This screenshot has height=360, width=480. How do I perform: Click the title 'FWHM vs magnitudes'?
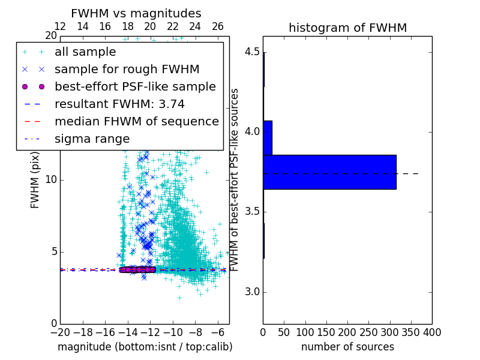(136, 14)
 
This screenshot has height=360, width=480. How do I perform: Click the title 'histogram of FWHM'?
(347, 28)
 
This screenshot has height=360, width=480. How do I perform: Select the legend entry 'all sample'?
(85, 52)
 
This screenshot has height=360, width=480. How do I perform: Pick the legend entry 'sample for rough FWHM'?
(127, 70)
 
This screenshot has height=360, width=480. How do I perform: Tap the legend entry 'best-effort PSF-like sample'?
(135, 87)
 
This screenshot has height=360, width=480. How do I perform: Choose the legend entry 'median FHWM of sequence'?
(136, 122)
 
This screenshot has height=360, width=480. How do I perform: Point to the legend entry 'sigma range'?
(92, 139)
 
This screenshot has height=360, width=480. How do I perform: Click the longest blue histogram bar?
(329, 172)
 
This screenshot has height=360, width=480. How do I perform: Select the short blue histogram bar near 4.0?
(268, 138)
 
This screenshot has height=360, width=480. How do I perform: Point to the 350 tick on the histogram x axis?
(411, 332)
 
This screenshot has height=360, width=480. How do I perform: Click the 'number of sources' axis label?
(347, 347)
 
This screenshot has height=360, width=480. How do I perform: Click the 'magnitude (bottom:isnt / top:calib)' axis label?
(145, 347)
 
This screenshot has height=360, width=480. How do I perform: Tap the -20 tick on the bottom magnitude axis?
(60, 332)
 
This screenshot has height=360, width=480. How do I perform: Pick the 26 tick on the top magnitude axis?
(218, 27)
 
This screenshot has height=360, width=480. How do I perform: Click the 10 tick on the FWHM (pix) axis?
(51, 180)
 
